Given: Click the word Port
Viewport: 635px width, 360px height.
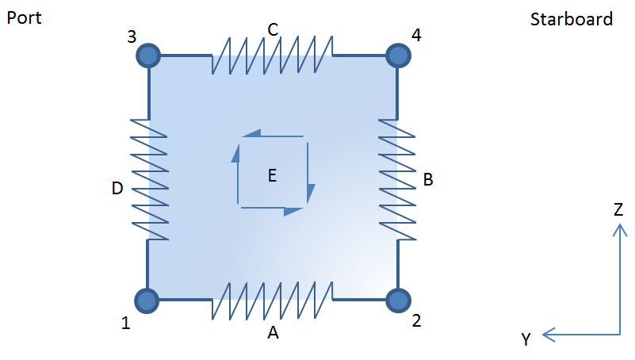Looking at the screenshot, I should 25,17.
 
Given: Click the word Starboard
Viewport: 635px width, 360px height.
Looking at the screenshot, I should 571,19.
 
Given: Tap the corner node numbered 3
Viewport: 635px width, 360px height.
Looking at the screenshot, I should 148,56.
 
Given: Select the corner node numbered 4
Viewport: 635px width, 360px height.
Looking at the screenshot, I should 397,56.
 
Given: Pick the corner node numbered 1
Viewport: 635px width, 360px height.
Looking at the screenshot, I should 147,301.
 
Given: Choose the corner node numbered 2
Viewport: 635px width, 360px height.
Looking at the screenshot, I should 397,301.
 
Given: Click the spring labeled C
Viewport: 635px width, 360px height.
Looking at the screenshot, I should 272,56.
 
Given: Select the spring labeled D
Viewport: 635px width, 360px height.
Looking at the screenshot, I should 148,178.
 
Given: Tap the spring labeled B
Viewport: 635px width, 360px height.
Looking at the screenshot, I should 397,178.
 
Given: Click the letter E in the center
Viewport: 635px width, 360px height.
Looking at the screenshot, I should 272,176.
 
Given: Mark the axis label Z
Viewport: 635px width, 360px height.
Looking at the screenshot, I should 618,209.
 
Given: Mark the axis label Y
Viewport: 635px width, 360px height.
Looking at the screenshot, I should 526,339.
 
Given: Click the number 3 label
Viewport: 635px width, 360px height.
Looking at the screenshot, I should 132,36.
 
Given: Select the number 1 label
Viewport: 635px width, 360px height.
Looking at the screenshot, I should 125,323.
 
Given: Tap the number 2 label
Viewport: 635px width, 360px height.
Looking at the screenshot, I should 417,321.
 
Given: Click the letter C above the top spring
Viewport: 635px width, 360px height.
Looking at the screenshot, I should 273,30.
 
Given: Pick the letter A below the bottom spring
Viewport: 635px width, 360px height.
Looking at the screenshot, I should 273,334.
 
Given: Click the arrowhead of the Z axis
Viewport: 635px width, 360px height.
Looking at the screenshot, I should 618,228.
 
